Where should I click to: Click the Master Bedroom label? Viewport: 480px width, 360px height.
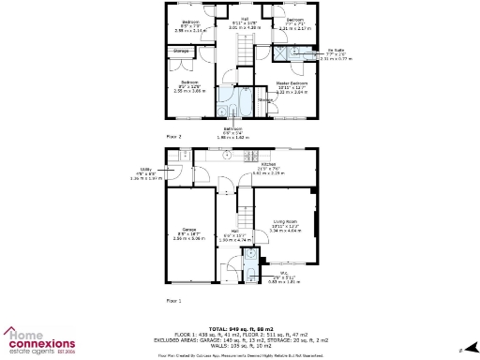coord(292,83)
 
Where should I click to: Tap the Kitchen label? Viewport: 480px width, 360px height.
coord(268,164)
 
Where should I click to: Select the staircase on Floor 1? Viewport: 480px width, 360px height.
coord(245,202)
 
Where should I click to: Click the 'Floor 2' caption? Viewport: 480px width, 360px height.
coord(173,136)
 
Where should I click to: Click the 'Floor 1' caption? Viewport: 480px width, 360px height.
coord(173,300)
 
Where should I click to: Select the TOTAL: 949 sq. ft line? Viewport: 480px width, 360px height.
coord(239,328)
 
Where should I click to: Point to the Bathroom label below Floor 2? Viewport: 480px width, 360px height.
coord(233,128)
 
